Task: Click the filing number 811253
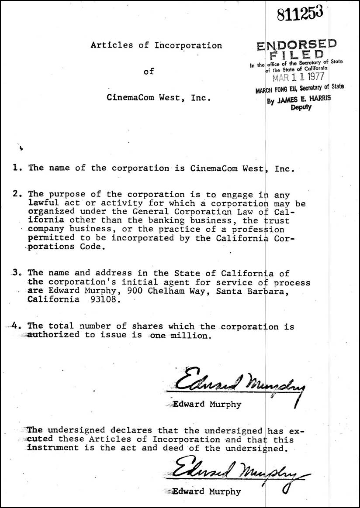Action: pos(300,15)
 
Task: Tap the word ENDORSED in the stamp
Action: pos(297,45)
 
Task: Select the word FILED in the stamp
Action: pos(297,55)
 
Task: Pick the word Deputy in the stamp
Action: pos(301,107)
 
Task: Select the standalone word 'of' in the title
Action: pos(149,71)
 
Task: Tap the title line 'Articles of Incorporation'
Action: pos(156,45)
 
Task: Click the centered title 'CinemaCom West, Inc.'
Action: pos(159,97)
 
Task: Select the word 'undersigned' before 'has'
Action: pos(236,431)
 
